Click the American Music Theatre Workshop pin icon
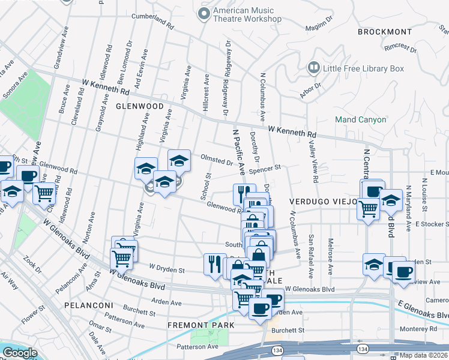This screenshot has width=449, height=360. pos(205,14)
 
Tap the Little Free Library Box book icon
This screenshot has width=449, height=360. pos(313,68)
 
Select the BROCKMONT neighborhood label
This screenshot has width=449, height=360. pos(385,31)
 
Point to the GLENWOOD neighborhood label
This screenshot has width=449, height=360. pos(140,106)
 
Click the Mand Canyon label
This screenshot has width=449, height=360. pos(360,119)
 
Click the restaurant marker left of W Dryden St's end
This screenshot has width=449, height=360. pos(214,263)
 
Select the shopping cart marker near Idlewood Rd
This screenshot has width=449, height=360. pos(45,193)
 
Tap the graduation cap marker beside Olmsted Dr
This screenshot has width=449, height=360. pos(179,160)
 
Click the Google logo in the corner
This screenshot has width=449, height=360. pos(20,353)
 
